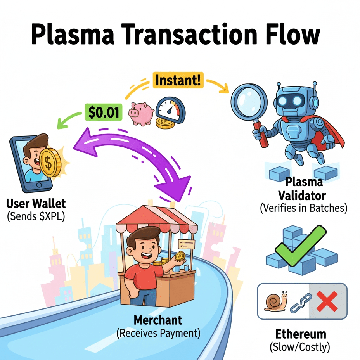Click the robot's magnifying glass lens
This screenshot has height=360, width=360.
247,99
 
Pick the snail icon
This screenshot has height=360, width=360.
276,301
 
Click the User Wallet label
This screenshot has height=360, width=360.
36,203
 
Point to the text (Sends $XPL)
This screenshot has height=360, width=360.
36,216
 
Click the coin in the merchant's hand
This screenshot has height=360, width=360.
180,256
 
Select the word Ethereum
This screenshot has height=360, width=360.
301,334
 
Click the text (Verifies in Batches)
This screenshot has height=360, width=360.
304,208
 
